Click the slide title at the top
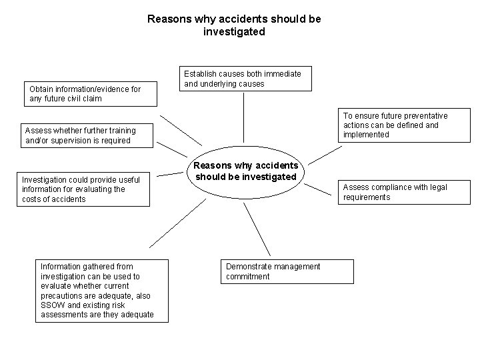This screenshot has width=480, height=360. [234, 25]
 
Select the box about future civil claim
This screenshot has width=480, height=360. [91, 94]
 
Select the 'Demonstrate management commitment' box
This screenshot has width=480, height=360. [287, 271]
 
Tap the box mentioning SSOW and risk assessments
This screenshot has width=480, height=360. [102, 291]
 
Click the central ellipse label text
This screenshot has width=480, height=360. [245, 171]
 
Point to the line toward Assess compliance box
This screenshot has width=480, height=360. [317, 191]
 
